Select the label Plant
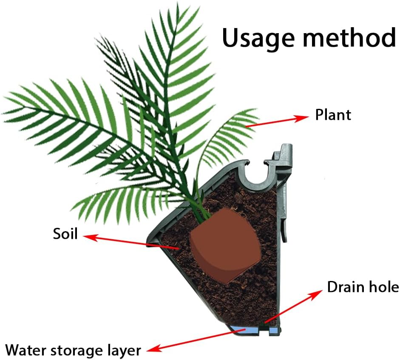[333, 115]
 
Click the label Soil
[65, 233]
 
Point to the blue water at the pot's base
[251, 329]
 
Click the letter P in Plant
[319, 115]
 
